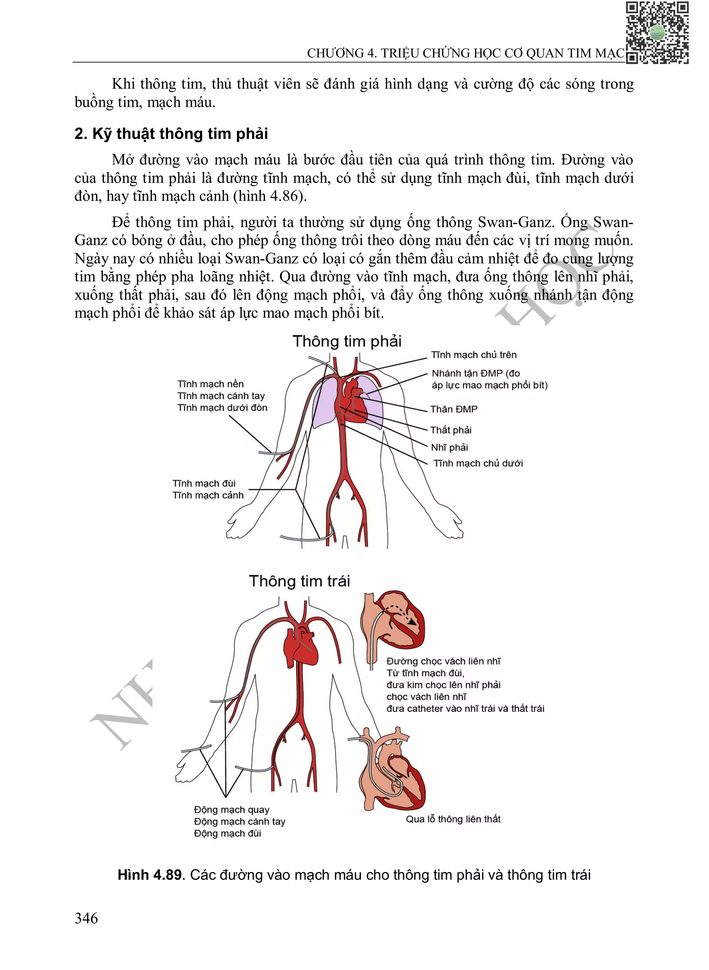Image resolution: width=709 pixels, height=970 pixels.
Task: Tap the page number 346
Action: [x=86, y=918]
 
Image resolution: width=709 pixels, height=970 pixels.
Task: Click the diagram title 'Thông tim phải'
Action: [x=347, y=341]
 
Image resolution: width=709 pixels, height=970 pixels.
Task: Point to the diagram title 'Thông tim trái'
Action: [x=299, y=581]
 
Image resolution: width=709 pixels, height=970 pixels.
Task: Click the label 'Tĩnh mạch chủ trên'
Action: [x=474, y=355]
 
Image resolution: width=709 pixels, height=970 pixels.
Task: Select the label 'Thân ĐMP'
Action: [x=454, y=409]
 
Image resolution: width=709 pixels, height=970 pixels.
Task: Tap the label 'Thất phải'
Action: [x=451, y=430]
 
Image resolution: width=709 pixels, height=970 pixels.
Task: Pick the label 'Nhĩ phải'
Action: [x=449, y=448]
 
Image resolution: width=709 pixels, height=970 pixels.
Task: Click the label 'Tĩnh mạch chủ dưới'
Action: [x=478, y=463]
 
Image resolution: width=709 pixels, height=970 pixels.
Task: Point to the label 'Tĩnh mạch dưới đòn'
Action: [x=222, y=407]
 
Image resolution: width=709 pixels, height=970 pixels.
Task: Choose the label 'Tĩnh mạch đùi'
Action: [x=204, y=484]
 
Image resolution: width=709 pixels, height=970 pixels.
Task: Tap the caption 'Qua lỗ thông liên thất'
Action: [x=453, y=819]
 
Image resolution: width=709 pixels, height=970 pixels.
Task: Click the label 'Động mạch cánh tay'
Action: [x=240, y=822]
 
